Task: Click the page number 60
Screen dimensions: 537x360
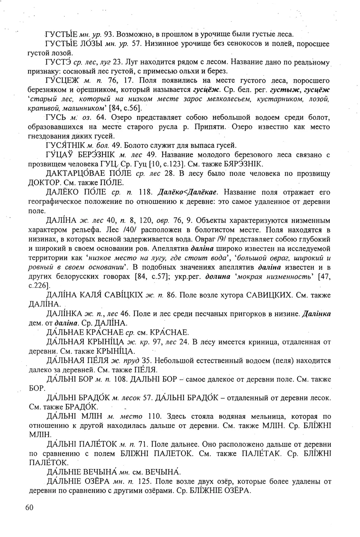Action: [x=30, y=507]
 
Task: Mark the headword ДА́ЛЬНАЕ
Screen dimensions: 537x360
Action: [x=66, y=332]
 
